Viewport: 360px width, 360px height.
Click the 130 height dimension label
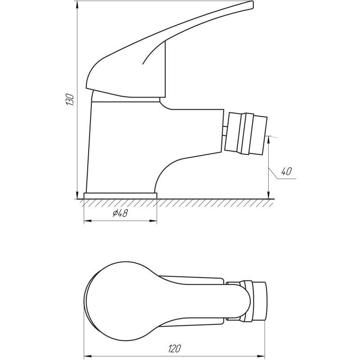(x=69, y=99)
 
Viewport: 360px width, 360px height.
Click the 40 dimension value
(x=286, y=171)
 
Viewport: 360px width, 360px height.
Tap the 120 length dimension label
(x=175, y=348)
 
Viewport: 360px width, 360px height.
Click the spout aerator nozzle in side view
(x=246, y=133)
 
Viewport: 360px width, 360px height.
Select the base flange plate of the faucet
(x=121, y=195)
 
